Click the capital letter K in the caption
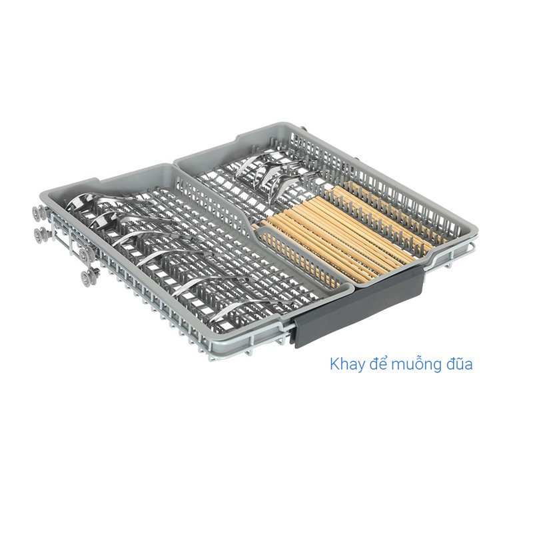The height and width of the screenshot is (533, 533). (334, 364)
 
